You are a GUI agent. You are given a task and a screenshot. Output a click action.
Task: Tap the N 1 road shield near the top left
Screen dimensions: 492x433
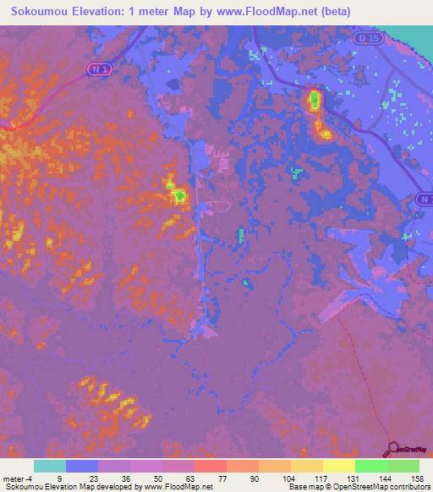coord(101,72)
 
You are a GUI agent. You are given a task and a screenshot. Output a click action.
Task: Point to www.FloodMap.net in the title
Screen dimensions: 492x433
coord(255,11)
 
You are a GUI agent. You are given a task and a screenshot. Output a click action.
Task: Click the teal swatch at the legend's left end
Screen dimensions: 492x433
coord(50,466)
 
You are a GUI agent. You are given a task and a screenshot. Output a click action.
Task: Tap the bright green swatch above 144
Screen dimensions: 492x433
coord(370,466)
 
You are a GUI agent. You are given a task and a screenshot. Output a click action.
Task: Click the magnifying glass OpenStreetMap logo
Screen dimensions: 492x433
coord(394,449)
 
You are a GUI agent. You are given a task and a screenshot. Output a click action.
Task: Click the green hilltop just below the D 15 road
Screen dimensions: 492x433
coord(315,101)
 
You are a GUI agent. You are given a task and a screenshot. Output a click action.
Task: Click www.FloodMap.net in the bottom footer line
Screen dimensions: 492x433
coord(166,488)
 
